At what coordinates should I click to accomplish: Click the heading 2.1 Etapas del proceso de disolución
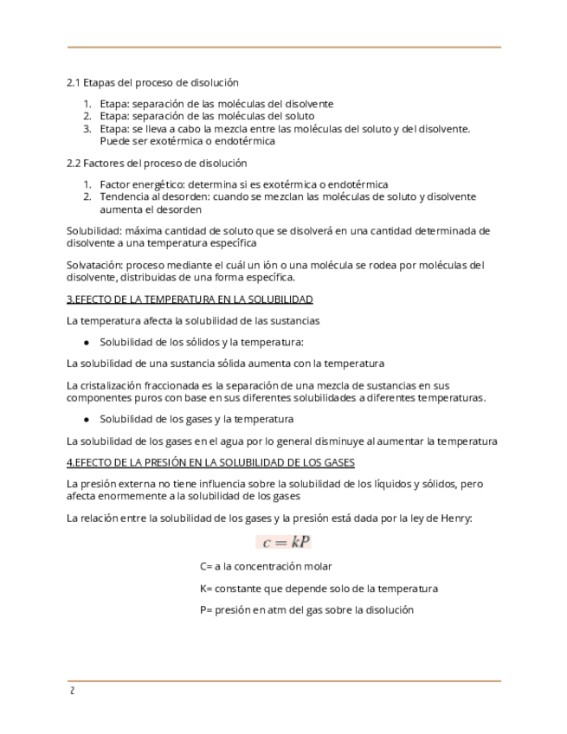click(x=152, y=82)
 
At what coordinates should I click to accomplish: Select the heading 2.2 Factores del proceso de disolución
click(x=157, y=163)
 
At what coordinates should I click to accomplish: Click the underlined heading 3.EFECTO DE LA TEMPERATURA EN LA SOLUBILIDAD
click(x=190, y=299)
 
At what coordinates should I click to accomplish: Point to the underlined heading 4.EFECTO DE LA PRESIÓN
click(x=211, y=462)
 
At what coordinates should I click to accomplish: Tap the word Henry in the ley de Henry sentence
click(x=454, y=518)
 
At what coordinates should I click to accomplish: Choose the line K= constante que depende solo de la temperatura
click(x=318, y=589)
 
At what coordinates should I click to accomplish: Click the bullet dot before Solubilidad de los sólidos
click(x=87, y=342)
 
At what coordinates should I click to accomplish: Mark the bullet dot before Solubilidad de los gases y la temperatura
click(x=87, y=420)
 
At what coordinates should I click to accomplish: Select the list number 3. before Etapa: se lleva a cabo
click(x=87, y=128)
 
